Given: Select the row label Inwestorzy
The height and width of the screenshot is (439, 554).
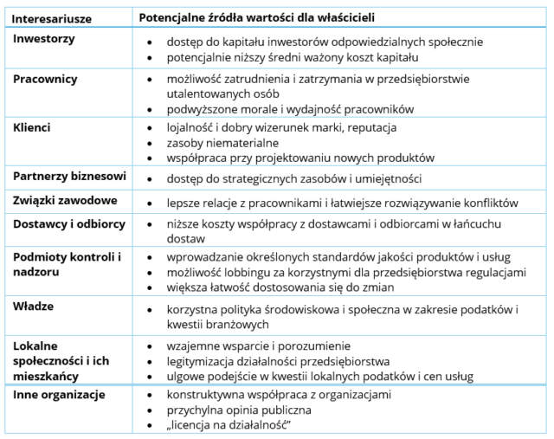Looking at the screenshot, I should coord(44,41).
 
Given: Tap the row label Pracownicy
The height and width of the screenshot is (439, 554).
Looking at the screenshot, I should coord(46,79).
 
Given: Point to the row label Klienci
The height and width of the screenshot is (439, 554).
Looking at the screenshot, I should coord(32,127).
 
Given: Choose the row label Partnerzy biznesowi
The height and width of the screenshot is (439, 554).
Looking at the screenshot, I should coord(70,177).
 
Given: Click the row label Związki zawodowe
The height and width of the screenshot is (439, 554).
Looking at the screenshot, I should coord(66,200).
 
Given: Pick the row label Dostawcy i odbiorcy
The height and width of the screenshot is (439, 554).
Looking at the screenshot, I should coord(69,224).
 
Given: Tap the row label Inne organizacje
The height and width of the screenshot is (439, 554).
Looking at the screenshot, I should coord(60,395).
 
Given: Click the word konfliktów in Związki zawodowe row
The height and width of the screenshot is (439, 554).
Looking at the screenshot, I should coord(489,202).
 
